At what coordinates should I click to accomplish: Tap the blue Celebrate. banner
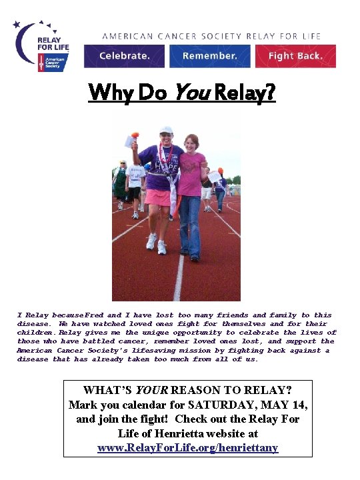click(124, 56)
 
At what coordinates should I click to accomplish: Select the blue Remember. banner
click(209, 56)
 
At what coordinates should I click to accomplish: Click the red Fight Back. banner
click(295, 56)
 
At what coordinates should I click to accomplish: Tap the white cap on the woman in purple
click(165, 130)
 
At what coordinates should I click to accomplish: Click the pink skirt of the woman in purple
click(158, 197)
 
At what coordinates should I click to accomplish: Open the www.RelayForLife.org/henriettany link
click(187, 448)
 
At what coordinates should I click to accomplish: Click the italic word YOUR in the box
click(150, 389)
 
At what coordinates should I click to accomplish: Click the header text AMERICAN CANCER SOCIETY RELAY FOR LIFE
click(211, 36)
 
